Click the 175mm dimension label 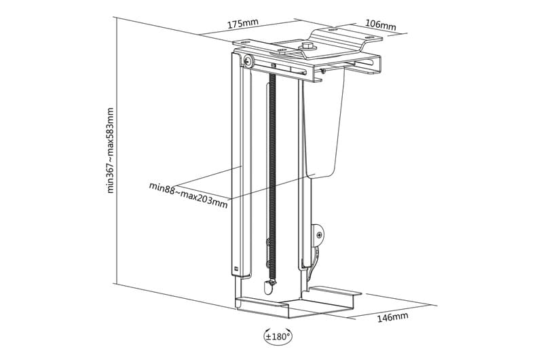coord(242,24)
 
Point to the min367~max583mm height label coord(111,150)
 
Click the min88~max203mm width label coord(188,194)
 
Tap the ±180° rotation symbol coord(278,336)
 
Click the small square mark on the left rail coord(236,268)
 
